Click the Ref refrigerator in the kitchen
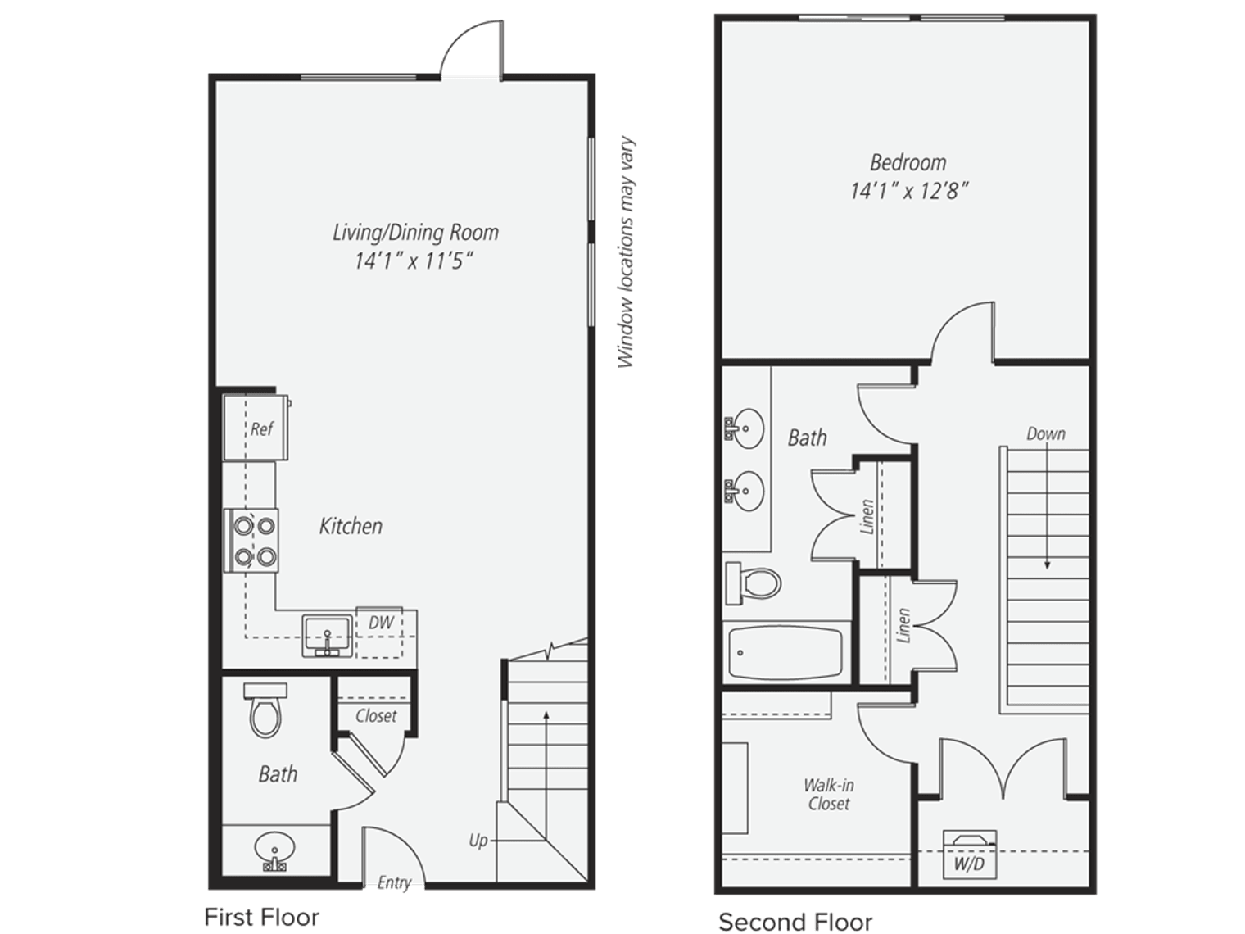click(x=256, y=428)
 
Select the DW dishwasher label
click(x=381, y=623)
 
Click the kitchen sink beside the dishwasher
click(x=328, y=634)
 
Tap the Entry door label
click(x=394, y=882)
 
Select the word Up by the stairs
click(x=478, y=840)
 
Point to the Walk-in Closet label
click(x=828, y=795)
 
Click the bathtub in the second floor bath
click(x=785, y=653)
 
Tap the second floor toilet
click(x=754, y=583)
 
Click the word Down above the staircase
click(x=1046, y=433)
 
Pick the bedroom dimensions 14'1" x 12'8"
click(x=908, y=191)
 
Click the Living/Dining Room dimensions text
click(x=414, y=261)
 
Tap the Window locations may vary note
click(x=626, y=252)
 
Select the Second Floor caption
click(x=795, y=922)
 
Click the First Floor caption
click(x=261, y=917)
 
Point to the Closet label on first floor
click(x=376, y=715)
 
